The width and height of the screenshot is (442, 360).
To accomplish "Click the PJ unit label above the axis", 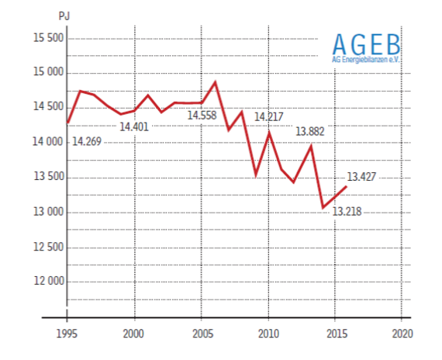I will (64, 15).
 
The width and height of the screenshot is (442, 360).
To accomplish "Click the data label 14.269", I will (86, 141).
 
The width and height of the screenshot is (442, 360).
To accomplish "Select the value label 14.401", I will (133, 126).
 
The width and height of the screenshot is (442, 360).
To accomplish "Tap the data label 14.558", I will (202, 116).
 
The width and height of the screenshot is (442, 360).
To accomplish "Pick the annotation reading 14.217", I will (269, 116).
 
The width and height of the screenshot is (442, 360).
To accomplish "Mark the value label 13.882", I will (309, 132).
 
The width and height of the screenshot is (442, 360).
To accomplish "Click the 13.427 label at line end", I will (361, 175).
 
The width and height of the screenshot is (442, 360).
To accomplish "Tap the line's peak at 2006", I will (215, 81).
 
